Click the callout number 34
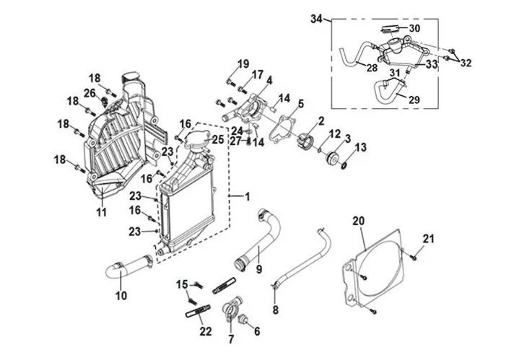point(316,19)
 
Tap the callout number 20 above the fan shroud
point(359,221)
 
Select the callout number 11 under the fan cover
point(102,212)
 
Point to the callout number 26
point(90,93)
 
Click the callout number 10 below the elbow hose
point(121,296)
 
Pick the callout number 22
point(206,331)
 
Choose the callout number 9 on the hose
point(258,269)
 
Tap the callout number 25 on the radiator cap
point(218,139)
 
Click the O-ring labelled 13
point(344,165)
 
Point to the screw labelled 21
point(414,258)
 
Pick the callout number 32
point(466,63)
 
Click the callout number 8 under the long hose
point(276,309)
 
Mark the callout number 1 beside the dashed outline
point(248,196)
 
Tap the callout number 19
point(243,63)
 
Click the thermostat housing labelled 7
point(232,308)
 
